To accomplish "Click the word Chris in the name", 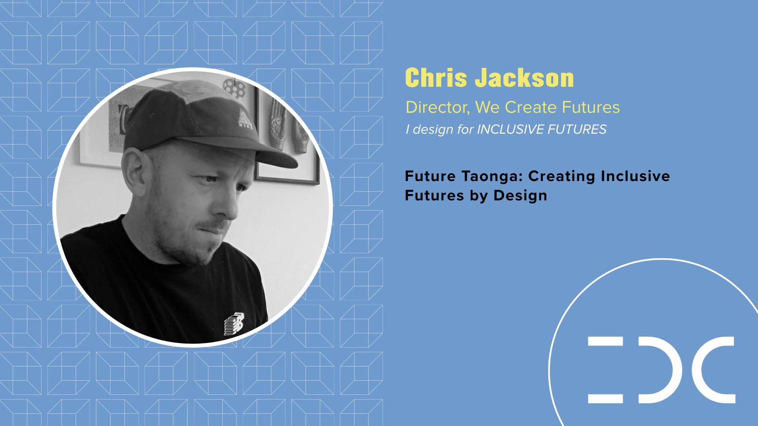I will point(436,78).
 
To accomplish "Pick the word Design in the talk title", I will point(520,196).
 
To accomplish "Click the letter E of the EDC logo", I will point(605,370).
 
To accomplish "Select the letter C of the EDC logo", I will point(715,370).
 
